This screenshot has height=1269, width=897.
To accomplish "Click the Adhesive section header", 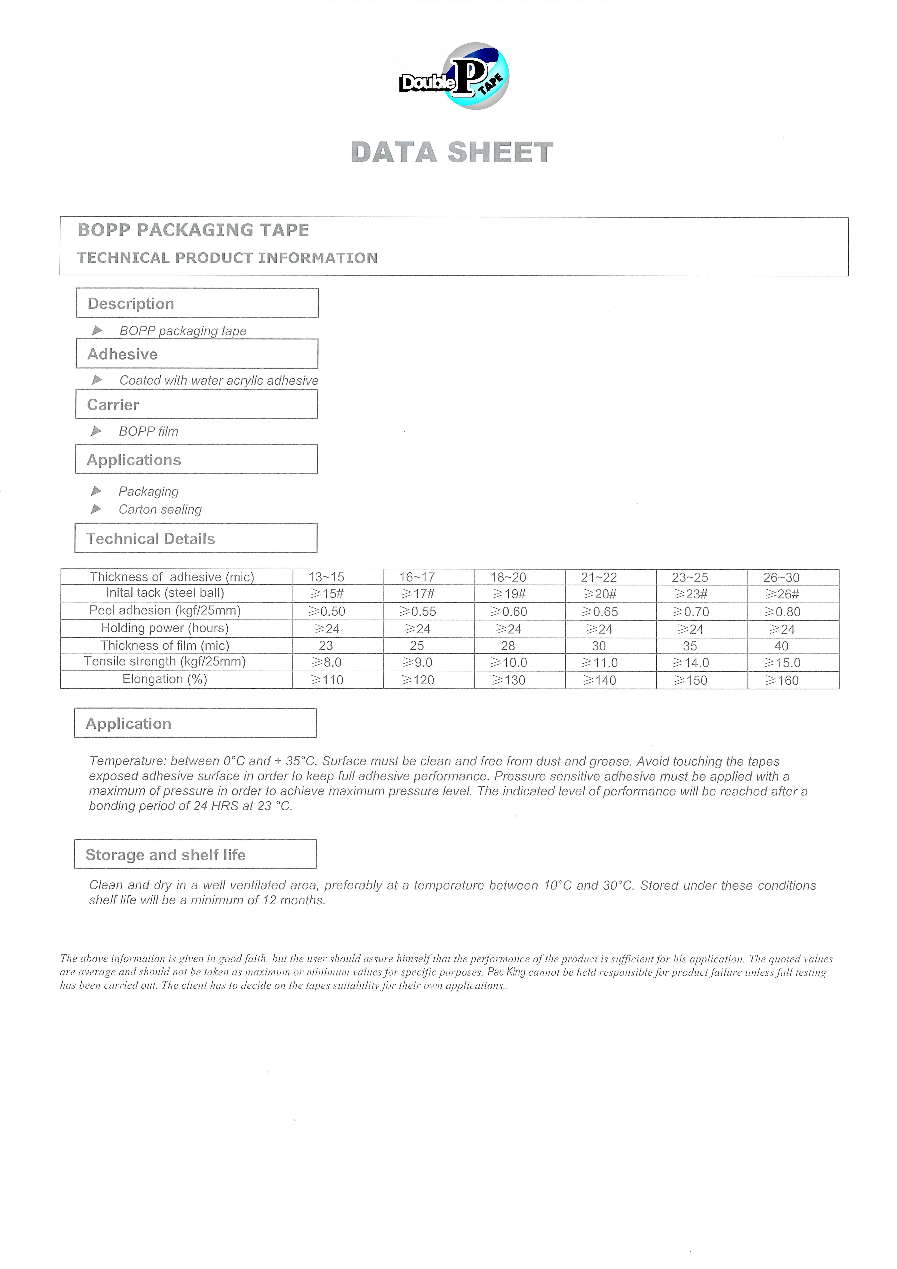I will (x=197, y=354).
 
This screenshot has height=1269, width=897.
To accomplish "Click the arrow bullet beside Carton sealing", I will (x=96, y=509).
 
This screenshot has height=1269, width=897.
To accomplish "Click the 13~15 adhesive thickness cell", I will (x=326, y=577).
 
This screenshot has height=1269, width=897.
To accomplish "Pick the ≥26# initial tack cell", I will (x=781, y=594).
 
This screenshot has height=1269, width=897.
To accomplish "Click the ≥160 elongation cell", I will (x=781, y=680).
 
